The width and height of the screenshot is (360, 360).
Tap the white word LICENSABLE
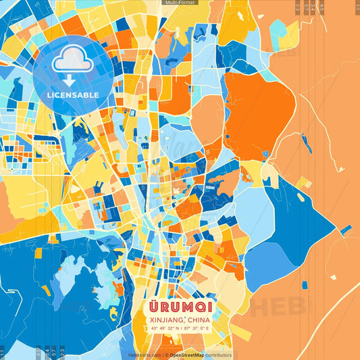73,95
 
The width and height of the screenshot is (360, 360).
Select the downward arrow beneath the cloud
72,80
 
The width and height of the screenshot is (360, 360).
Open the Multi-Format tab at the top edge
180,3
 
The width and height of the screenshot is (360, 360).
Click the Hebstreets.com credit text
144,355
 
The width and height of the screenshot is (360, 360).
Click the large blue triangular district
297,216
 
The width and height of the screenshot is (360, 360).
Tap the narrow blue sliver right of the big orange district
307,143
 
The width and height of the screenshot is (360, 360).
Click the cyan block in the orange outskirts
277,31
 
